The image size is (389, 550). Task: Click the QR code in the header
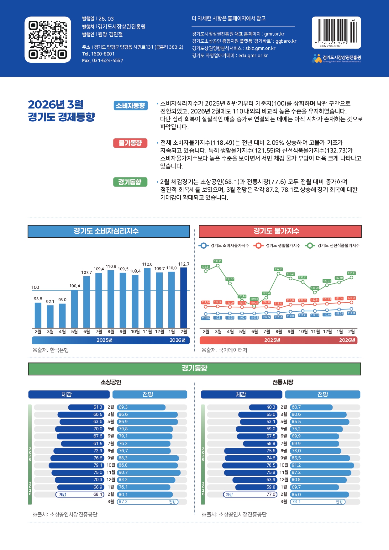click(x=48, y=40)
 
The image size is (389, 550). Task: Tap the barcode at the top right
click(x=336, y=31)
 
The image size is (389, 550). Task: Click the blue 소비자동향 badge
click(x=130, y=106)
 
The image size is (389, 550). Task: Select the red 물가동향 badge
click(x=130, y=143)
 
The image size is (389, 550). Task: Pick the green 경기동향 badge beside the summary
click(x=130, y=182)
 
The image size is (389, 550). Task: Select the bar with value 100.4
click(x=74, y=309)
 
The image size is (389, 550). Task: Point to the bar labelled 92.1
click(x=50, y=316)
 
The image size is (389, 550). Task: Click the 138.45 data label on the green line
click(x=218, y=261)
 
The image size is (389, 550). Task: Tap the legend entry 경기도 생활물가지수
click(x=278, y=246)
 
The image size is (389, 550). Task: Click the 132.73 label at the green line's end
click(x=351, y=273)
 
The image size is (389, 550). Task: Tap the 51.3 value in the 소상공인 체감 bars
click(x=98, y=407)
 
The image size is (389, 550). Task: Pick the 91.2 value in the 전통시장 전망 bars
click(x=296, y=465)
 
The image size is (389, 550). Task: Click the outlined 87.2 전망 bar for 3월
click(x=148, y=502)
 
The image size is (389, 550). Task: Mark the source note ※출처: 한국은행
click(x=51, y=350)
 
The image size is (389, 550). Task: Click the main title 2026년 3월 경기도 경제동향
click(x=61, y=111)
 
